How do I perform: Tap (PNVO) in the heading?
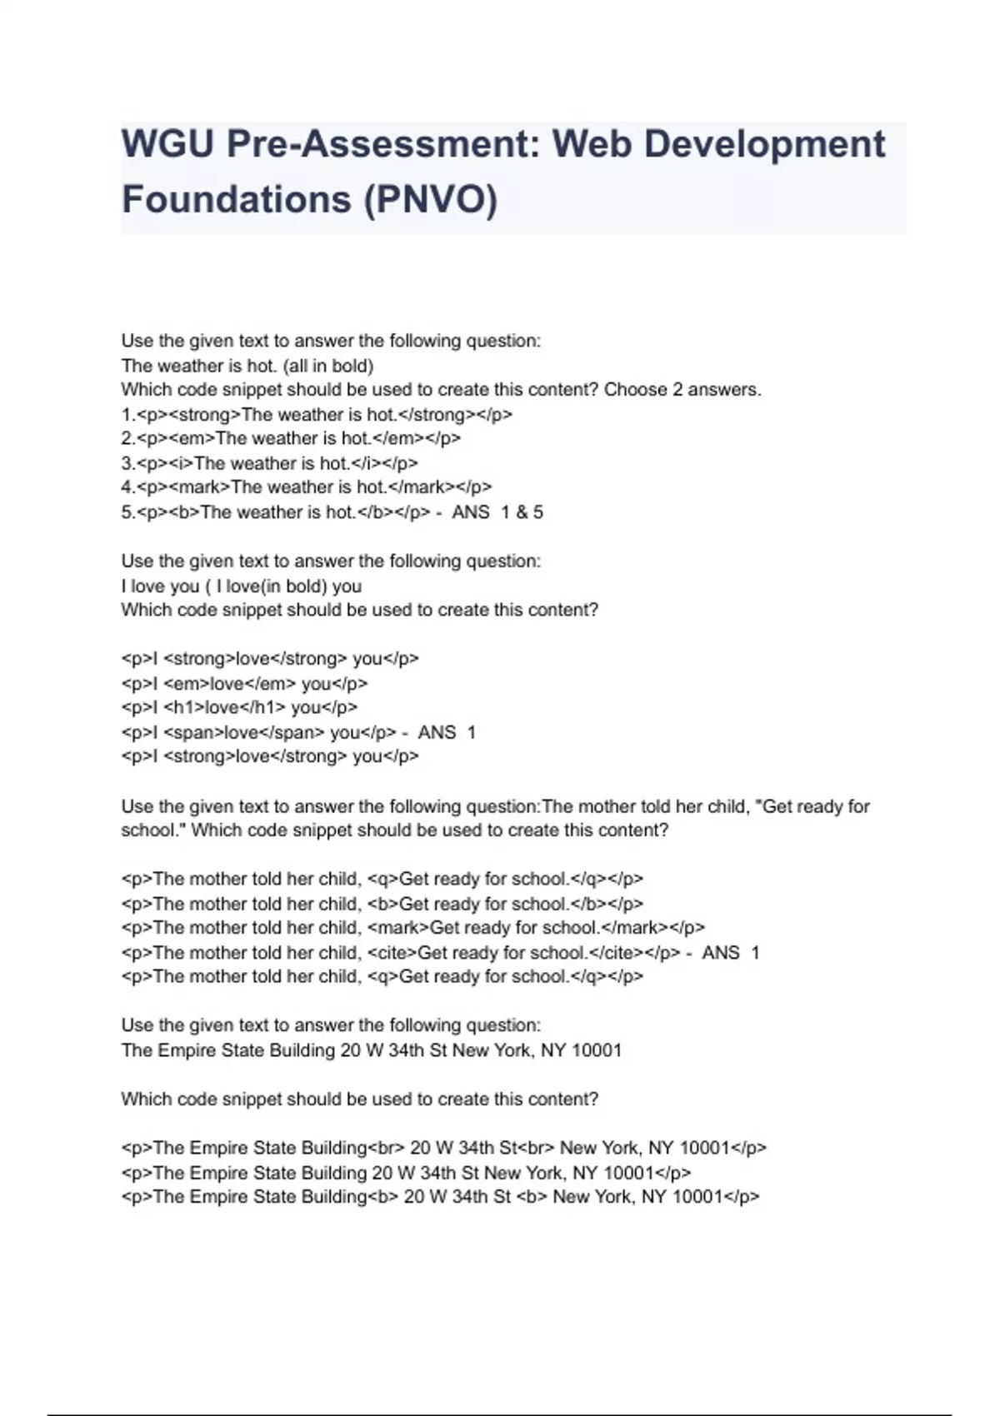coord(430,199)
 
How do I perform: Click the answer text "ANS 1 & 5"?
coord(497,512)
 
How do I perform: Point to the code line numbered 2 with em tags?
coord(291,438)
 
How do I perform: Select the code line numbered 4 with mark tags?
coord(307,487)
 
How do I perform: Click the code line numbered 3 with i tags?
coord(269,463)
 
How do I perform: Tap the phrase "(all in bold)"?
coord(328,366)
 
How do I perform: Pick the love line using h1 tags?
coord(239,708)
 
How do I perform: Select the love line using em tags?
coord(244,684)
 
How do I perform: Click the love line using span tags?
coord(258,733)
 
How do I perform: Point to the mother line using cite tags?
coord(400,953)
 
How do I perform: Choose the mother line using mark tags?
coord(412,928)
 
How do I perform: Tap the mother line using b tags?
coord(382,904)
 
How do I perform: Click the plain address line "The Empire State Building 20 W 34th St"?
coord(371,1050)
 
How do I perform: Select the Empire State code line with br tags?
coord(443,1149)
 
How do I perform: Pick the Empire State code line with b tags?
coord(440,1198)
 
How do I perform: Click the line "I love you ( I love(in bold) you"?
coord(241,586)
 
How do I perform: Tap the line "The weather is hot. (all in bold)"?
coord(247,366)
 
